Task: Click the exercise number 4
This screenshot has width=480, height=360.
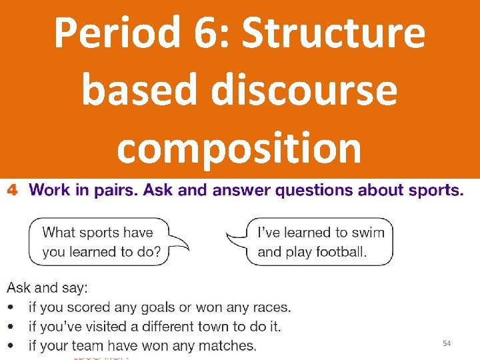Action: coord(11,191)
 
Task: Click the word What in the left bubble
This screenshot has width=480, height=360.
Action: coord(59,233)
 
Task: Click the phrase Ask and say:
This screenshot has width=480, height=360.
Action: coord(47,288)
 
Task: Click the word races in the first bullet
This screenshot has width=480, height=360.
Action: coord(271,307)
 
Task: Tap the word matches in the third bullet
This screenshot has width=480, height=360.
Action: coord(231,345)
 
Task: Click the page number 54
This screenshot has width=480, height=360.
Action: coord(447,343)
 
